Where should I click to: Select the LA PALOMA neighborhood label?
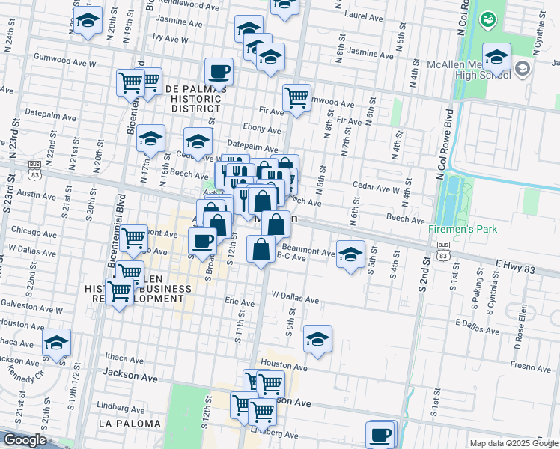coord(130,424)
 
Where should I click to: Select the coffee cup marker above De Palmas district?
coord(219,72)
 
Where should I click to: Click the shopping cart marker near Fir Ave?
coord(296,97)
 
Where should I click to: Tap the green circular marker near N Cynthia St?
coord(489,18)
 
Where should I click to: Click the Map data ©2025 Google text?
coord(513,443)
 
